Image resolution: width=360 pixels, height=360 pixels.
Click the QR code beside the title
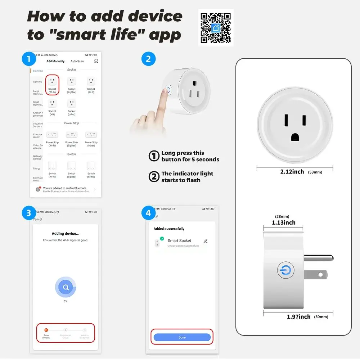[216, 28]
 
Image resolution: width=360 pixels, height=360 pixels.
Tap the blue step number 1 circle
[29, 58]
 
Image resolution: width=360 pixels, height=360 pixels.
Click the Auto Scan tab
[77, 62]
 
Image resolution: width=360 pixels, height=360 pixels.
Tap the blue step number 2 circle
[148, 58]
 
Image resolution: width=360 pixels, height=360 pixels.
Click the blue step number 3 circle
[29, 213]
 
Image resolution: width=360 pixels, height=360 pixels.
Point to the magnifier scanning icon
[66, 287]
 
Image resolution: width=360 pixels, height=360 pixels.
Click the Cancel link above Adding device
[37, 219]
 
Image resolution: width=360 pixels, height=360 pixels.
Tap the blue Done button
[182, 337]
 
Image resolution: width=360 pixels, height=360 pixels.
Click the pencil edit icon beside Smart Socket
[206, 241]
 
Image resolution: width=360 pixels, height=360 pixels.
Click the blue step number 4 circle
[148, 213]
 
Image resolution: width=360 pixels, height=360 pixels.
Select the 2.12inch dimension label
[292, 172]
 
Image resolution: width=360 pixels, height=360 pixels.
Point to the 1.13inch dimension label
[284, 222]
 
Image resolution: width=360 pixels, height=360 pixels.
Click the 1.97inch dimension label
[298, 317]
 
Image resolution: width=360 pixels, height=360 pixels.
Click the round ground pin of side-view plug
[318, 258]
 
